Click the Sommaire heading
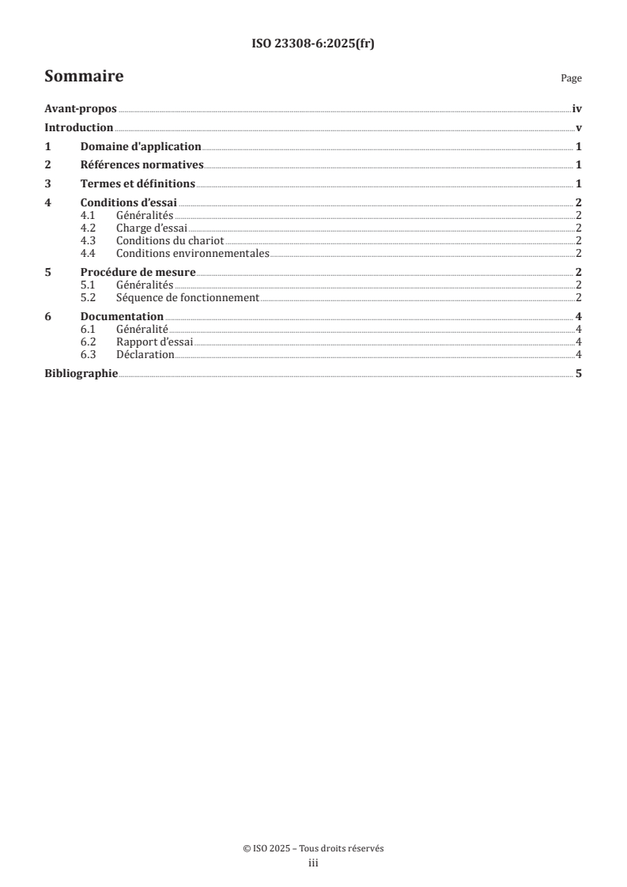tap(84, 77)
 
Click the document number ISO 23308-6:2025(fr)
tap(313, 44)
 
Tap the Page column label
tap(571, 79)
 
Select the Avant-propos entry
tap(81, 111)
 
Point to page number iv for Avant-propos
tap(577, 111)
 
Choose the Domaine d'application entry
tap(141, 147)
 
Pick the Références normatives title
tap(142, 165)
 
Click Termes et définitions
tap(138, 184)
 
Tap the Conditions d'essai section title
tap(129, 202)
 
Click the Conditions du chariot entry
tap(171, 241)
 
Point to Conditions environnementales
tap(193, 254)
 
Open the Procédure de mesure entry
tap(138, 273)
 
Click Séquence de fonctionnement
tap(187, 298)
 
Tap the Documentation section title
tap(122, 317)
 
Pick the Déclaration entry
tap(145, 355)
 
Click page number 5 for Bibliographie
tap(579, 373)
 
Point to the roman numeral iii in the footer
tap(313, 864)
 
